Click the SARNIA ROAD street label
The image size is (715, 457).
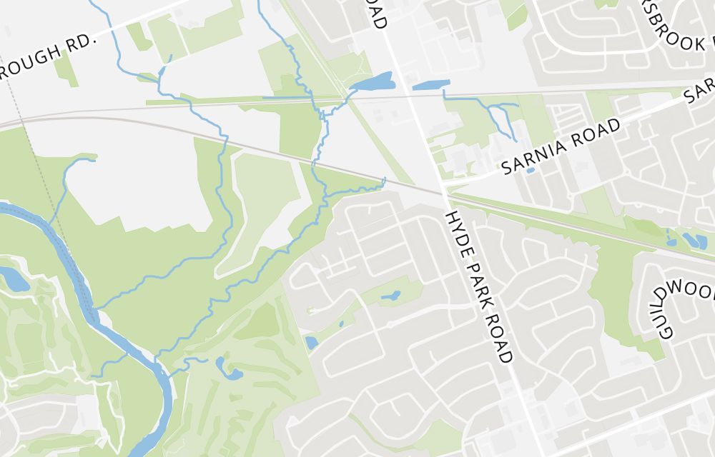pyautogui.click(x=561, y=147)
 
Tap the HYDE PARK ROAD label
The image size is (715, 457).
pyautogui.click(x=480, y=286)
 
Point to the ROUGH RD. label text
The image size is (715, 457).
pyautogui.click(x=46, y=56)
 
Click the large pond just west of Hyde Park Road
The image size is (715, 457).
pyautogui.click(x=373, y=82)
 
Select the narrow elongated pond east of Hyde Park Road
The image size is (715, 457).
pyautogui.click(x=430, y=84)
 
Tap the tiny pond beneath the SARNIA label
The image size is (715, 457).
pyautogui.click(x=530, y=170)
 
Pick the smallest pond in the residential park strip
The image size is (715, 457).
pyautogui.click(x=340, y=323)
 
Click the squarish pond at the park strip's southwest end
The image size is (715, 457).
pyautogui.click(x=311, y=343)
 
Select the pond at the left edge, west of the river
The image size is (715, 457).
pyautogui.click(x=13, y=278)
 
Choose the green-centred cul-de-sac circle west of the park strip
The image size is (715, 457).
pyautogui.click(x=310, y=310)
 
